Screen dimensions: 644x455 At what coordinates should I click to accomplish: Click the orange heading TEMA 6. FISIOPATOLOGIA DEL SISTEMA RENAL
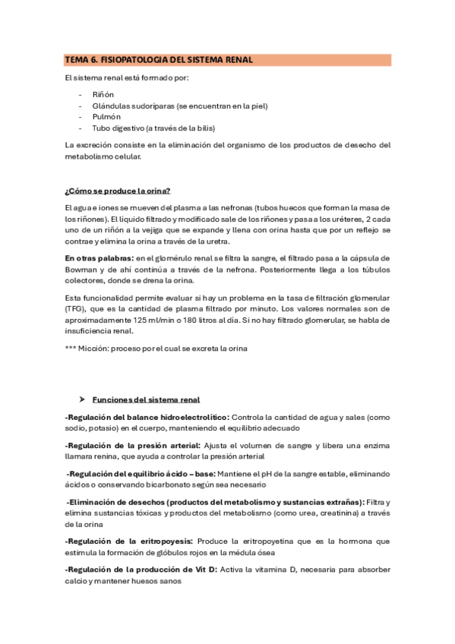[159, 59]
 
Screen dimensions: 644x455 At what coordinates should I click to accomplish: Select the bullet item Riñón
[103, 94]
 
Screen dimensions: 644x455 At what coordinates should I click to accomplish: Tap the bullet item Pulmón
[106, 117]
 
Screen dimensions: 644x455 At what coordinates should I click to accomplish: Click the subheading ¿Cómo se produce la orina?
[122, 190]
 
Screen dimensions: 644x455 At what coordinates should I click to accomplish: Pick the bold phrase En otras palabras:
[95, 260]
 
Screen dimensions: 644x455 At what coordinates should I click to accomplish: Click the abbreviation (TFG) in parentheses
[77, 310]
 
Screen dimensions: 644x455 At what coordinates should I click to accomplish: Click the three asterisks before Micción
[73, 349]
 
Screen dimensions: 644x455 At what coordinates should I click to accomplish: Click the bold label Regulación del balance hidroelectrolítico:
[147, 417]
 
